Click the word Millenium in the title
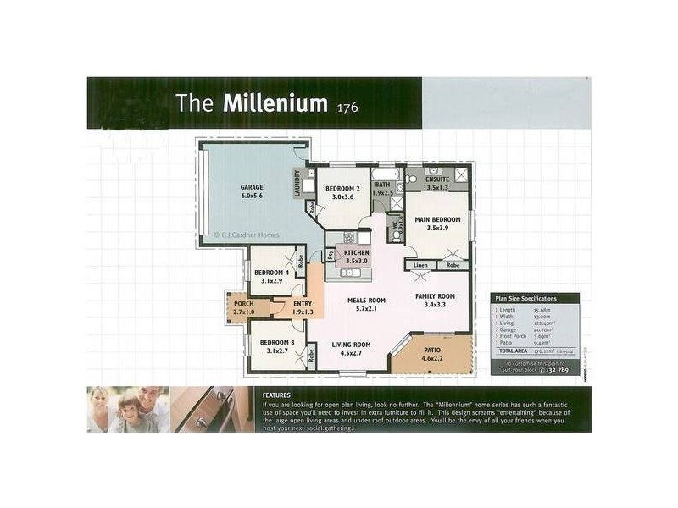tap(275, 103)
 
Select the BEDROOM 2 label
tap(343, 189)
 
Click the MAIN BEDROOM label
tap(436, 219)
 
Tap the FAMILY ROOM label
tap(435, 296)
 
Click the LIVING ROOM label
tap(351, 345)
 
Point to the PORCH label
tap(243, 304)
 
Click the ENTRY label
tap(302, 304)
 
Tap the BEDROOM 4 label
tap(272, 273)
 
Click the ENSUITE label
tap(437, 179)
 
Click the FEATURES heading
tap(276, 395)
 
